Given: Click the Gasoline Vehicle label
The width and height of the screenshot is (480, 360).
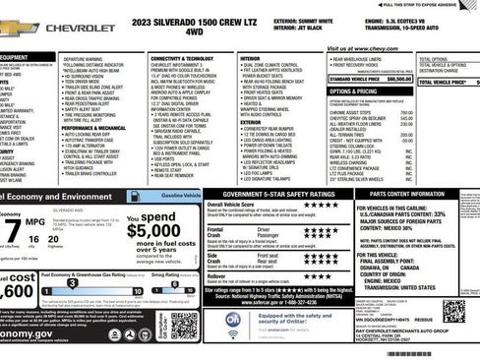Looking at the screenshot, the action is click(180, 198).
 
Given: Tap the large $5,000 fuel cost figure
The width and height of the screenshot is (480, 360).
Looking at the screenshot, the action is click(153, 231).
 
